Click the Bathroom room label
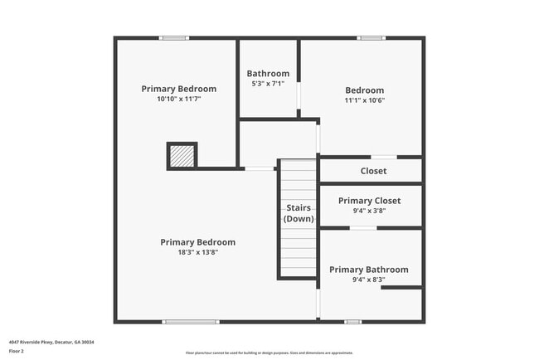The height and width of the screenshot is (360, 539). (268, 74)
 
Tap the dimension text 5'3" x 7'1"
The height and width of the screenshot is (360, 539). (268, 84)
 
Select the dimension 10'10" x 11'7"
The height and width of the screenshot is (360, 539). (178, 99)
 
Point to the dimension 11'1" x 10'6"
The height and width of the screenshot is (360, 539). (364, 100)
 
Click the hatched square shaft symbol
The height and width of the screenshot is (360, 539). (182, 155)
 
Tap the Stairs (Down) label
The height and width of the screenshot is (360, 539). (299, 213)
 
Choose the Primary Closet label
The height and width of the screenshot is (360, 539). (369, 201)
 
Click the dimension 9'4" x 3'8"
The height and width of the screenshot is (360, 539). (369, 211)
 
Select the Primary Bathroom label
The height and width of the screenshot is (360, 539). (368, 270)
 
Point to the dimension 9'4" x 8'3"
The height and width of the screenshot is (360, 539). (368, 280)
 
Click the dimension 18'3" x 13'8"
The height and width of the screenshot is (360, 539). (197, 252)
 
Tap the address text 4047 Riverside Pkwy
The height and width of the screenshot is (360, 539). (51, 342)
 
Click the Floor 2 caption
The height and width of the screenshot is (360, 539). (17, 351)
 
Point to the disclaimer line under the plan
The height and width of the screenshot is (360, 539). (269, 353)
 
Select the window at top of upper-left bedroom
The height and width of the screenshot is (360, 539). (174, 38)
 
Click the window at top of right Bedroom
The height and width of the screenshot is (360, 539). (371, 38)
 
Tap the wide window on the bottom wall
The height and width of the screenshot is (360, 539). (191, 321)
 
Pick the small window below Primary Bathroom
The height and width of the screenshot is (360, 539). (352, 321)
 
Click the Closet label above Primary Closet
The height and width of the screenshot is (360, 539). (373, 171)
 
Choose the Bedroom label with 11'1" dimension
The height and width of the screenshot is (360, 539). (364, 90)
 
